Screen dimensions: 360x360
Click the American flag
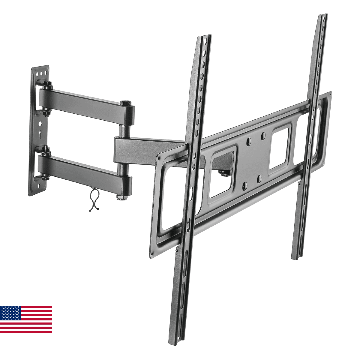point(26,319)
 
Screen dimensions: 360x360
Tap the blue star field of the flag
point(10,313)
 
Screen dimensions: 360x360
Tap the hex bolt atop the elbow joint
point(126,103)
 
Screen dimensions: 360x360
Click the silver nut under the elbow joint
point(121,197)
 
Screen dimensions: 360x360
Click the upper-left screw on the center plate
point(249,140)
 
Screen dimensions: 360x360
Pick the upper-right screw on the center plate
point(263,135)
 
